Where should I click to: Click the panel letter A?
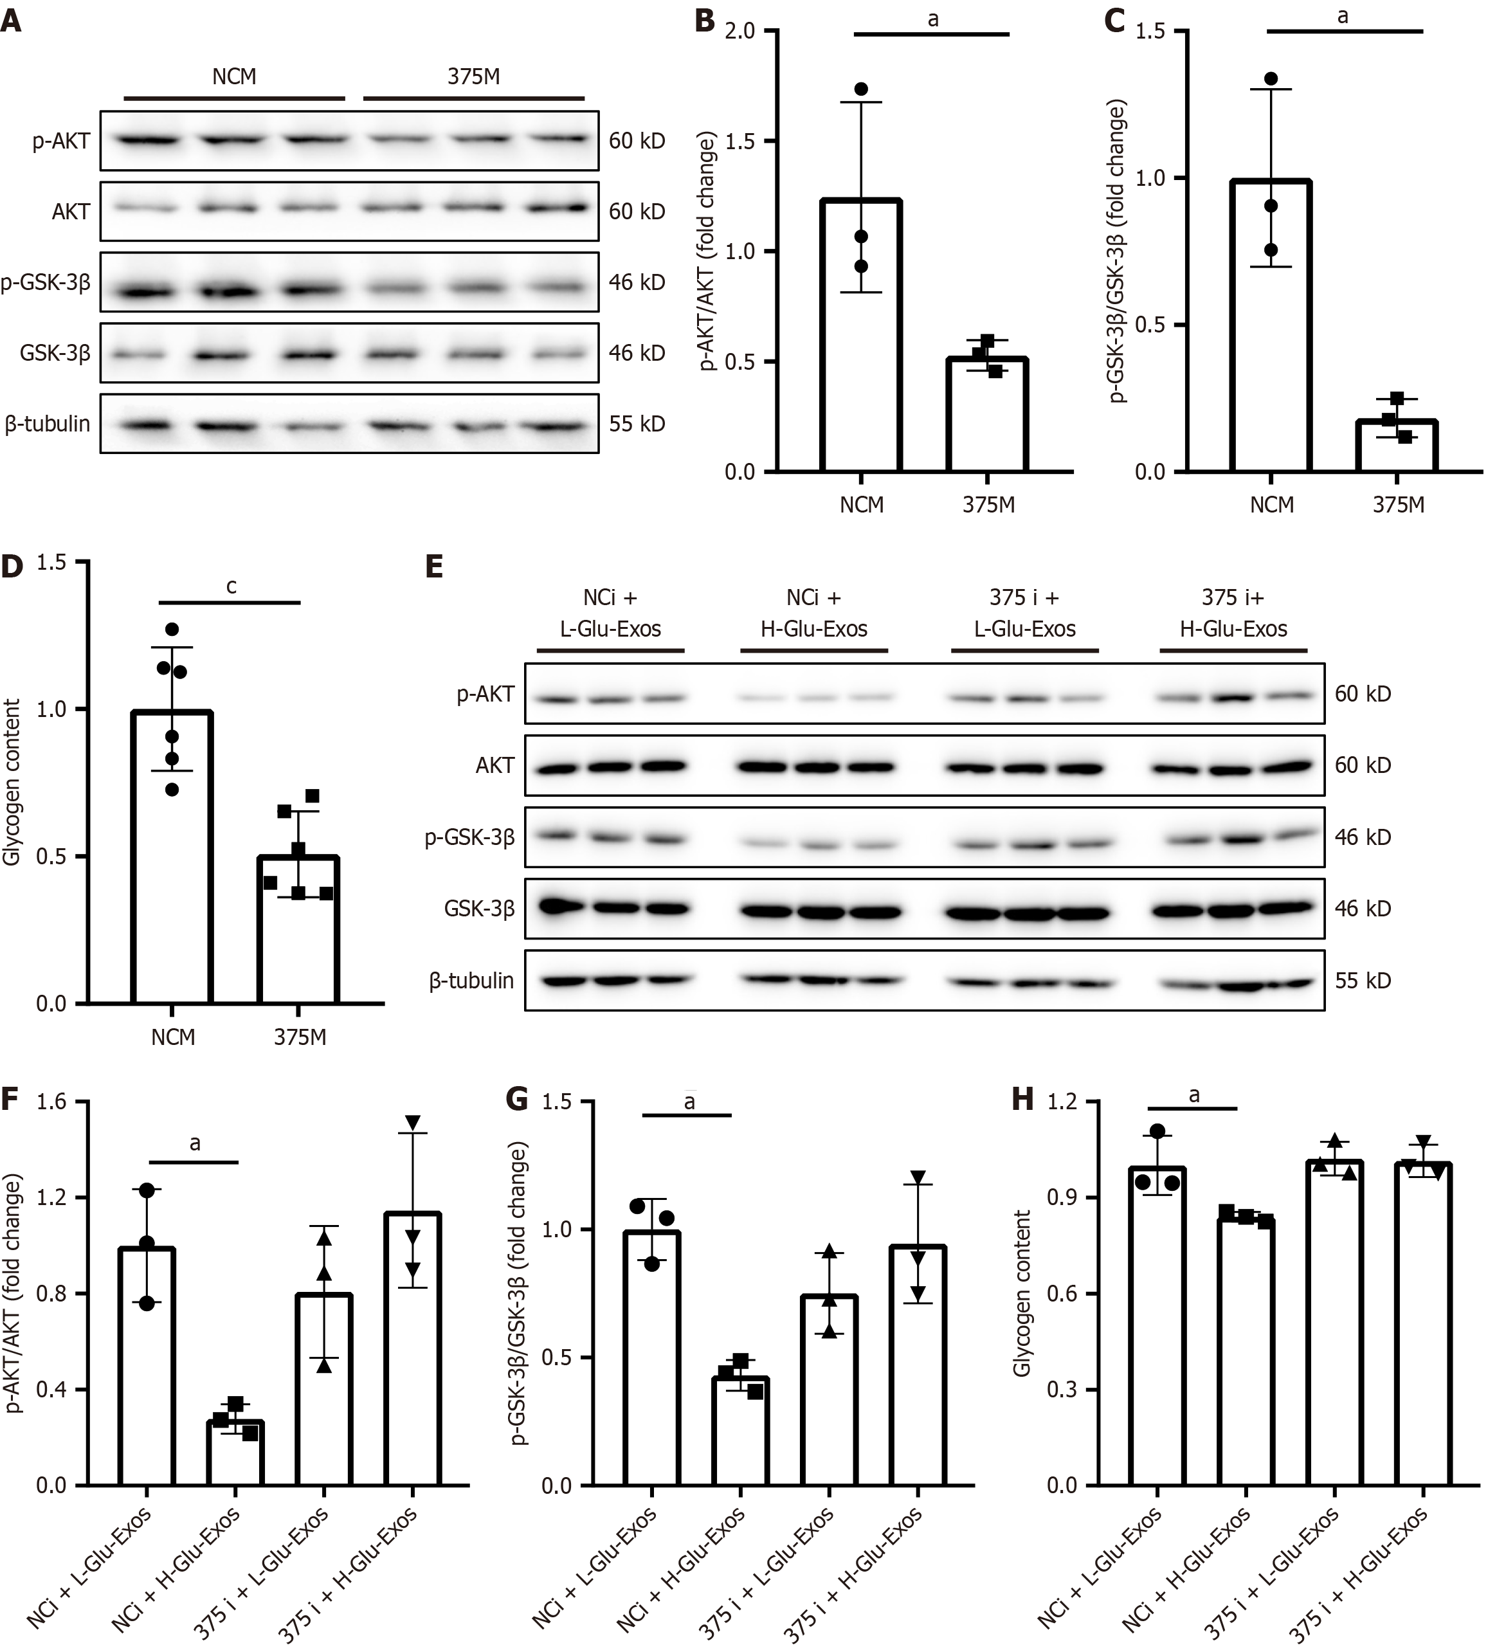(12, 20)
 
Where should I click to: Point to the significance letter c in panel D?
(231, 586)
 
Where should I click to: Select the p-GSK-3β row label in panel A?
(46, 283)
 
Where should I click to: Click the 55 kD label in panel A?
(636, 423)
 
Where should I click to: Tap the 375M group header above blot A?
(473, 77)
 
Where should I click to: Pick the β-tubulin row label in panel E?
(472, 980)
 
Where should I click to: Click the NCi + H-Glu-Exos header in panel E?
(814, 613)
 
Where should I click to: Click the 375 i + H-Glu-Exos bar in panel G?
(918, 1365)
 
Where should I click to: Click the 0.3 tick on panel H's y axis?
(1062, 1390)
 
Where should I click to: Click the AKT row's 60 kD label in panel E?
(1363, 766)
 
